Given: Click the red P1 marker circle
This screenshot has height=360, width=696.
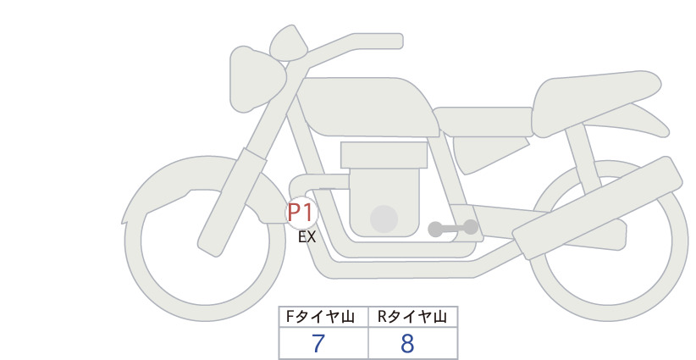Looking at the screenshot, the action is (x=301, y=213).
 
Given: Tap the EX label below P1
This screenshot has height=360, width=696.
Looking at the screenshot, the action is (x=307, y=237).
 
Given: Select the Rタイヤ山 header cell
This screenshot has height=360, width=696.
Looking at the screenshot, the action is (x=413, y=317).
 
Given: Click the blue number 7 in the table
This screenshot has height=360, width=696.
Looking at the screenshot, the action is (x=318, y=343).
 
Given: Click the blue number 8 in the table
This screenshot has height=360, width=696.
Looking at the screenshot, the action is (x=407, y=343).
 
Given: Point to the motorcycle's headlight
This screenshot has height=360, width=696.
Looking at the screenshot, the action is (x=256, y=78).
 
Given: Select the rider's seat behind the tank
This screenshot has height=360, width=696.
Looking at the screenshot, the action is (x=483, y=121).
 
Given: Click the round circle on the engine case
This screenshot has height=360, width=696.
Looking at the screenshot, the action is (x=384, y=219).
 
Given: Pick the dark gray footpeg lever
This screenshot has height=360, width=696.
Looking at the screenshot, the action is (x=453, y=228).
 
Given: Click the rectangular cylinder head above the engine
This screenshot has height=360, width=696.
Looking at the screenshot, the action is (x=384, y=155).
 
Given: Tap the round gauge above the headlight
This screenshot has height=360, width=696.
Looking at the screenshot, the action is (x=289, y=43).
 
